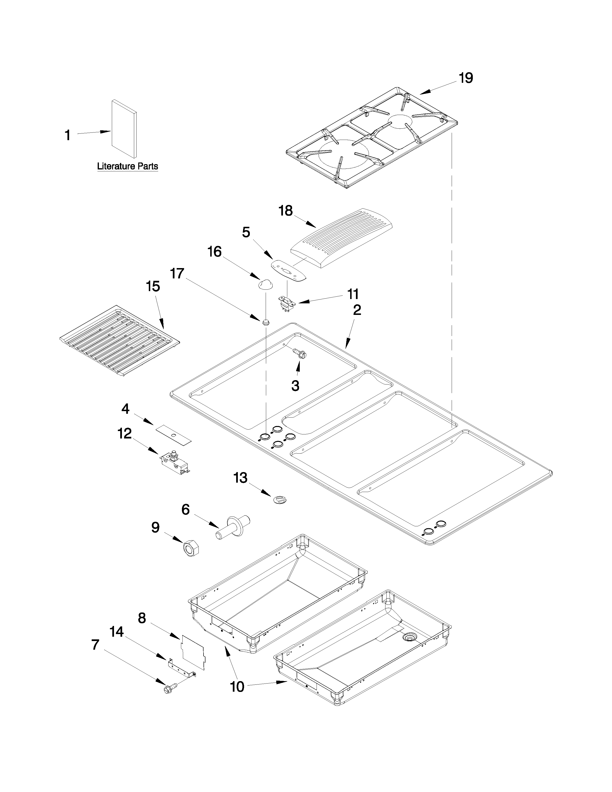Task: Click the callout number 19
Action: pyautogui.click(x=466, y=78)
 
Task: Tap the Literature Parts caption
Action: pyautogui.click(x=128, y=167)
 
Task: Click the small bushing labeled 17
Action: pyautogui.click(x=266, y=321)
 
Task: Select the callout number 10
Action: pyautogui.click(x=237, y=686)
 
